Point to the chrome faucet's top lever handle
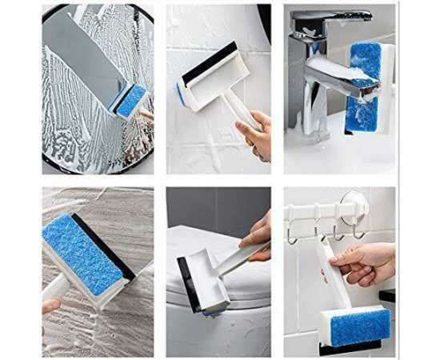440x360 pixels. click(x=336, y=18)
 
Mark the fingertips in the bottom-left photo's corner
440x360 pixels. click(x=50, y=306)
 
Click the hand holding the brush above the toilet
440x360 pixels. click(x=258, y=233)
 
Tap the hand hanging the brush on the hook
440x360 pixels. click(x=364, y=264)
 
